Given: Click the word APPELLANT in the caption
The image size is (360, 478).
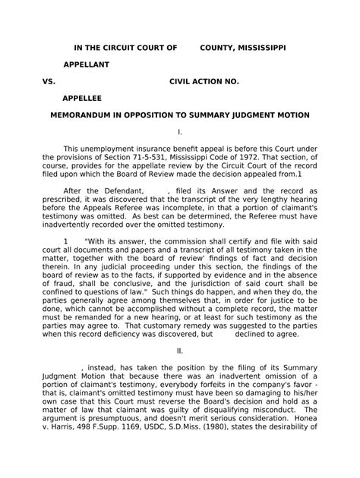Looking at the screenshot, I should tap(85, 64).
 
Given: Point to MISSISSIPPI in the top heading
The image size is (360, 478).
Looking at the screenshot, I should tap(261, 47).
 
